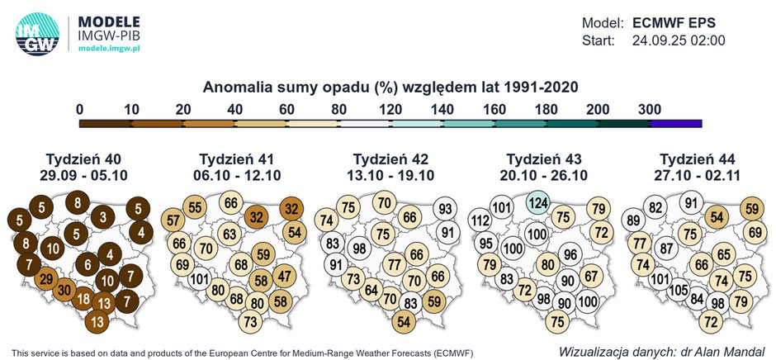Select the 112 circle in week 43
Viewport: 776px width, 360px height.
tap(480, 220)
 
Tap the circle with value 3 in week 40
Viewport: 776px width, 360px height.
tap(103, 217)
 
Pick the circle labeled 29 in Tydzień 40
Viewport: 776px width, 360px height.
tap(46, 279)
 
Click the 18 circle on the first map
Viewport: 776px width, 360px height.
tap(83, 299)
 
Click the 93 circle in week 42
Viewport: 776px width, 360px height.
tap(445, 210)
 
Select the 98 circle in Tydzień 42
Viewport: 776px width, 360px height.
tap(358, 249)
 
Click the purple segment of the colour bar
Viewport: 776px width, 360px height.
tap(676, 124)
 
